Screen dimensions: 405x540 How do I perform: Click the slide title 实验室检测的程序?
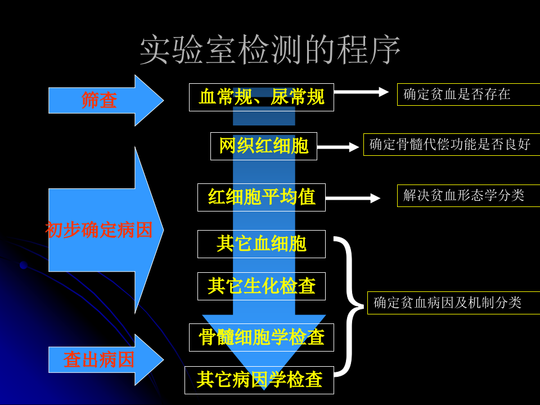click(x=270, y=49)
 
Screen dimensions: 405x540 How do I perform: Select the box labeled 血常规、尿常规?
click(x=261, y=97)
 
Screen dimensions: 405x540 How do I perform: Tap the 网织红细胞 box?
click(x=263, y=146)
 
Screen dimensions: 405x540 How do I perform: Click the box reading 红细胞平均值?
click(x=261, y=197)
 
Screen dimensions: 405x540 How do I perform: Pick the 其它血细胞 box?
click(x=261, y=244)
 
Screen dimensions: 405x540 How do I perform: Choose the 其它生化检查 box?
click(x=261, y=286)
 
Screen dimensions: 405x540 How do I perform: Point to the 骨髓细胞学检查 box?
click(x=261, y=337)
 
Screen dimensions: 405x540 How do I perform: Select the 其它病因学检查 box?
click(x=259, y=380)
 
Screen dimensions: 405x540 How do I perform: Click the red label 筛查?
click(x=99, y=101)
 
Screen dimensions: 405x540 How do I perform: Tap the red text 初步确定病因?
click(x=99, y=230)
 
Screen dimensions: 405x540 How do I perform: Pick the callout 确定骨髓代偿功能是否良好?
click(x=451, y=145)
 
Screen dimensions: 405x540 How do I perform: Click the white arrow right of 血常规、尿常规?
click(x=361, y=92)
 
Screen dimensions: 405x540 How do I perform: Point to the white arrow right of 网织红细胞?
click(x=338, y=147)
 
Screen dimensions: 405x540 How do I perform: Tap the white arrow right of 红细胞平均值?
click(x=353, y=198)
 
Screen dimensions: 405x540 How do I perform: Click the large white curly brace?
click(x=350, y=307)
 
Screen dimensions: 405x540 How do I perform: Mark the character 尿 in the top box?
click(x=280, y=97)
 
